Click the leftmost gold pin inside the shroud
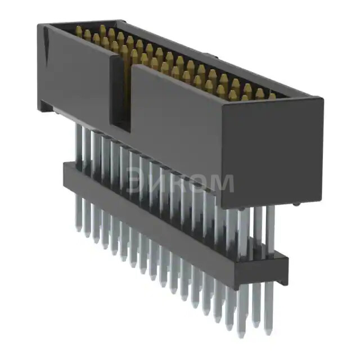point(78,33)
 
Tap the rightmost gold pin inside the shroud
point(272,97)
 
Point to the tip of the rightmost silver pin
point(269,332)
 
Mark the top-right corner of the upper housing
point(323,100)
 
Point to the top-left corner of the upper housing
point(39,25)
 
